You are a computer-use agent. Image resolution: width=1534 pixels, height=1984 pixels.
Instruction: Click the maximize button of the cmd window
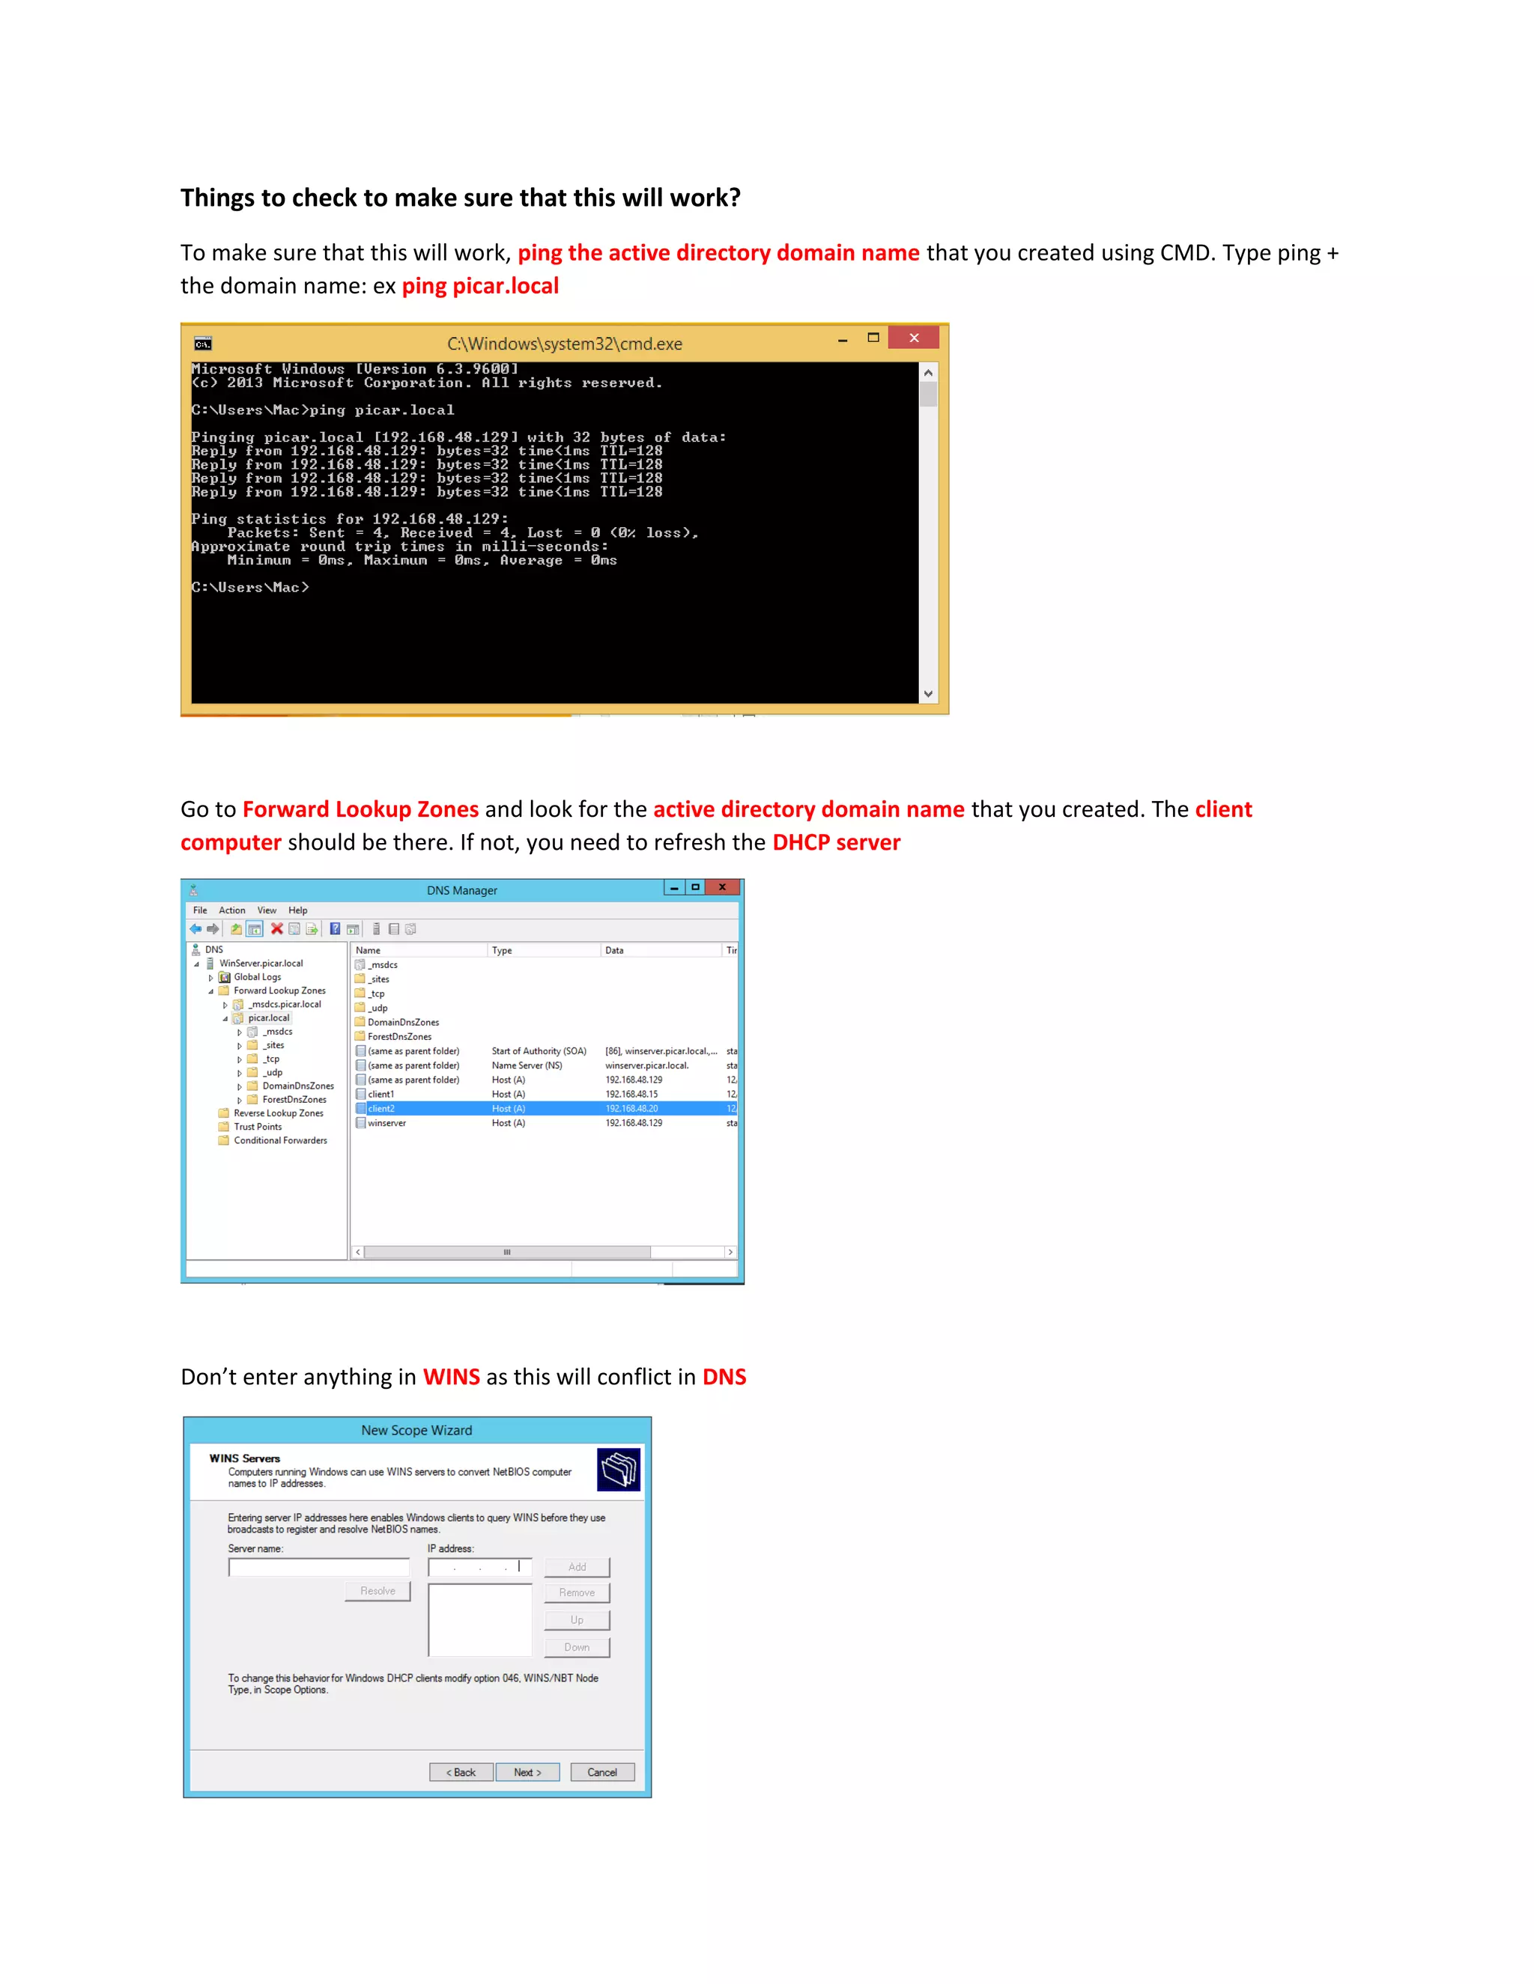click(873, 338)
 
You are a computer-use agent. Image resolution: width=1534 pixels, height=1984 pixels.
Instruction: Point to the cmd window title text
click(563, 344)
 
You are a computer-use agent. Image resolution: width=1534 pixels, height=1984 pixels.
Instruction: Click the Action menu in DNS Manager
click(231, 910)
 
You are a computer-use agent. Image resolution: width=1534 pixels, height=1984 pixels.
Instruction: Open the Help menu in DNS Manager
click(298, 910)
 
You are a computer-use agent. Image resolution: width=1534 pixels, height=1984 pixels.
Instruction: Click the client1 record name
click(381, 1095)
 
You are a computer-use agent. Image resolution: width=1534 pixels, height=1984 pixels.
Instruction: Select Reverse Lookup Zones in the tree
click(278, 1113)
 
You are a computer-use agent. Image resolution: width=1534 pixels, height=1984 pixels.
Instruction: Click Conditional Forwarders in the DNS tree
click(280, 1140)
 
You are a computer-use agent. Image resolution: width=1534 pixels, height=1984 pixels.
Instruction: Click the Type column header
click(502, 950)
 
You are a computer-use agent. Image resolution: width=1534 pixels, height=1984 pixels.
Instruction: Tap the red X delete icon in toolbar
click(277, 928)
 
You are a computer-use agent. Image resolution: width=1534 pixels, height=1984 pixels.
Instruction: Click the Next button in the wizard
click(527, 1772)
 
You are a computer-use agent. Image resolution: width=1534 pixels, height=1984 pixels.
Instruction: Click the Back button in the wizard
click(461, 1772)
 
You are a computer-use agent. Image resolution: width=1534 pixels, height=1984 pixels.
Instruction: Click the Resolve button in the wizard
click(378, 1592)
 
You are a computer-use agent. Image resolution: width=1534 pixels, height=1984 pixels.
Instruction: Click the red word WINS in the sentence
click(451, 1377)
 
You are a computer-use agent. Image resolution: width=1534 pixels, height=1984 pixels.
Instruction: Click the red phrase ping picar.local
click(480, 286)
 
